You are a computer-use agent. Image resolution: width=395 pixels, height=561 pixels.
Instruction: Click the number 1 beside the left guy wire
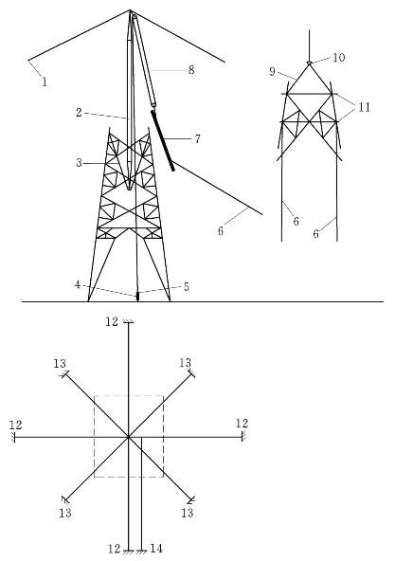pos(45,81)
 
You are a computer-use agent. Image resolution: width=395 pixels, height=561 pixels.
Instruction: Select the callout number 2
pos(79,113)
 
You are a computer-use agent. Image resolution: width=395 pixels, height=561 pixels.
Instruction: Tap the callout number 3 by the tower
pos(79,163)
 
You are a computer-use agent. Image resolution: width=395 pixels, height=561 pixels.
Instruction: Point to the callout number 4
pos(78,285)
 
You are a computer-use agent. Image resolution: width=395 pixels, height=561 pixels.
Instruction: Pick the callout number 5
pos(187,286)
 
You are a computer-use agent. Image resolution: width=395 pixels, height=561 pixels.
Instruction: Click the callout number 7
pos(197,138)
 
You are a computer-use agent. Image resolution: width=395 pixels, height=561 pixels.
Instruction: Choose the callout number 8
pos(191,70)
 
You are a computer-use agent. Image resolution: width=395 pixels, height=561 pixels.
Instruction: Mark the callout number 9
pos(272,72)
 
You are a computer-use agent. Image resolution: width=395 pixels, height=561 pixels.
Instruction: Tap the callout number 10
pos(339,58)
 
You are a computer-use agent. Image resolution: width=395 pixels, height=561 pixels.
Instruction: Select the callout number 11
pos(365,107)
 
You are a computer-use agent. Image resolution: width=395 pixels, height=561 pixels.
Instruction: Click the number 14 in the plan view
pos(156,549)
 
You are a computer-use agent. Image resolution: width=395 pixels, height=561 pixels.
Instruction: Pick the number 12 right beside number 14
pos(114,549)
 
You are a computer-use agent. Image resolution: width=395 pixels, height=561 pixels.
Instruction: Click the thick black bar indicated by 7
pos(163,140)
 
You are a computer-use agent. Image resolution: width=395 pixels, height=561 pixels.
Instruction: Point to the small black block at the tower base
pos(137,297)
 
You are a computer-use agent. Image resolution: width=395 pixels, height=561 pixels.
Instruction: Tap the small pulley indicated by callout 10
pos(309,63)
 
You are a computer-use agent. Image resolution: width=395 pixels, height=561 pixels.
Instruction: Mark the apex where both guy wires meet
pos(130,10)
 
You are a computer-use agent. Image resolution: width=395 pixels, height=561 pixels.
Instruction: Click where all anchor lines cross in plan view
pos(128,437)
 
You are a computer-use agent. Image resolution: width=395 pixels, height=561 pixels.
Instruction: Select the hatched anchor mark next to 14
pos(142,552)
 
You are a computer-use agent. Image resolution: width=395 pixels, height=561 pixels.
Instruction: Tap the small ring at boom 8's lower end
pos(153,105)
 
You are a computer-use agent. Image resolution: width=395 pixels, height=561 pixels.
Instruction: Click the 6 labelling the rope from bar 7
pos(221,231)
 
